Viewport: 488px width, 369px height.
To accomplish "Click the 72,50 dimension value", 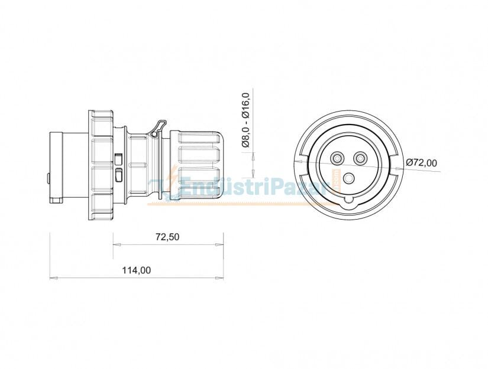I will pyautogui.click(x=167, y=237).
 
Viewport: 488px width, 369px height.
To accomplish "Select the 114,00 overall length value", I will pyautogui.click(x=136, y=270).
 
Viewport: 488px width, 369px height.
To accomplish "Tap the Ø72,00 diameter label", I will pyautogui.click(x=421, y=162).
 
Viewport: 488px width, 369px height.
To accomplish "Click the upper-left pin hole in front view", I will pyautogui.click(x=338, y=158).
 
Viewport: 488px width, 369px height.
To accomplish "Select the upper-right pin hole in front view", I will pyautogui.click(x=360, y=158).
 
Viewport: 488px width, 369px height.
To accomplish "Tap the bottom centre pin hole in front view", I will pyautogui.click(x=349, y=178).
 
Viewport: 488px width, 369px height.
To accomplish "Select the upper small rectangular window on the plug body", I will pyautogui.click(x=118, y=159).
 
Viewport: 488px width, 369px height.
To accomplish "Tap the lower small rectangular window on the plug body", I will pyautogui.click(x=118, y=175).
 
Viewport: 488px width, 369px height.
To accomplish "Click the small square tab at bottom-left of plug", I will pyautogui.click(x=56, y=200).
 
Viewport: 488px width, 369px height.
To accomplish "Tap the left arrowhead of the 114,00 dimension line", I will pyautogui.click(x=53, y=277).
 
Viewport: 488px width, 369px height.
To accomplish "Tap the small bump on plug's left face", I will pyautogui.click(x=49, y=178).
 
